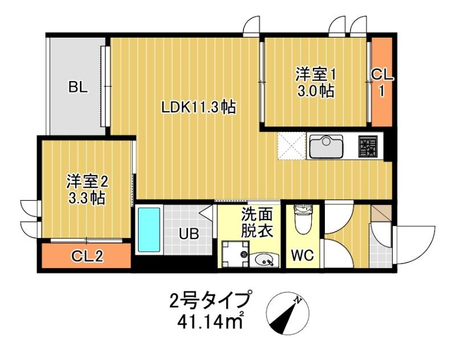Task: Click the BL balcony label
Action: point(78,87)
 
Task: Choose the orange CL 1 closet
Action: point(381,82)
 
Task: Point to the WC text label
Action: point(303,256)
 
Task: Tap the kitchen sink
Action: point(325,146)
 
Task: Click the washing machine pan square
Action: point(234,254)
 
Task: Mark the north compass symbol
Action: point(288,313)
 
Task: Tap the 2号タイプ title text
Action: point(210,301)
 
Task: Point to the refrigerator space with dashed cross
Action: point(291,147)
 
